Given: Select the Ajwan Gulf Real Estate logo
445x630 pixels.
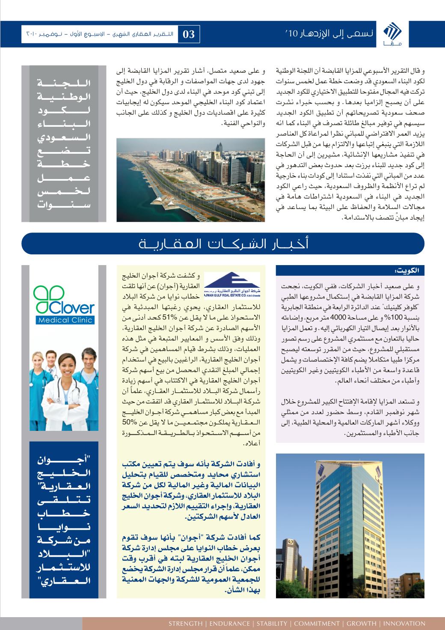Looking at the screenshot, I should coord(231,285).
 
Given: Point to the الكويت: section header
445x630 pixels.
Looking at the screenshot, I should coord(408,270).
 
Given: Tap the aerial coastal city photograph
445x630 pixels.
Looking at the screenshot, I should coord(190,177).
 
